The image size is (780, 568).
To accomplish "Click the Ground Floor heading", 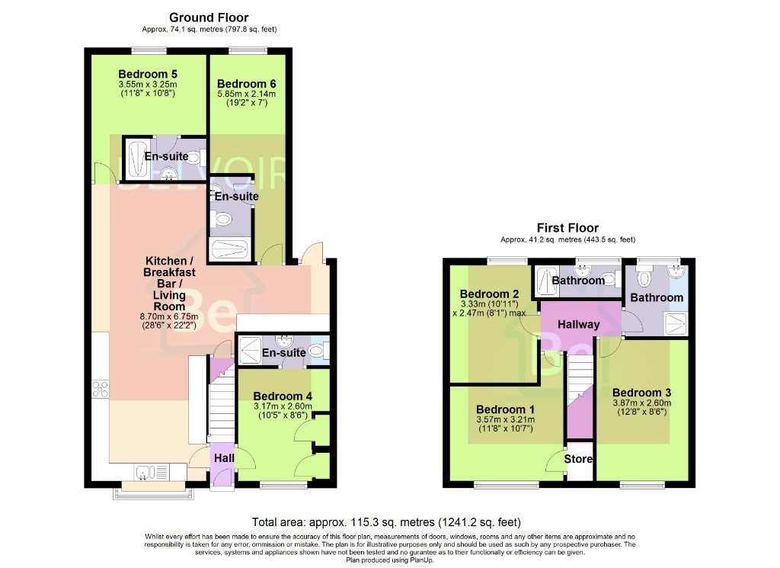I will tap(209, 18).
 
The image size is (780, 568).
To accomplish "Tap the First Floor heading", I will tap(567, 228).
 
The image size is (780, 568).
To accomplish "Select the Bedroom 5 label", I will tap(148, 74).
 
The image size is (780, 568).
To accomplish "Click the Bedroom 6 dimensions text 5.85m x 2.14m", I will tap(246, 95).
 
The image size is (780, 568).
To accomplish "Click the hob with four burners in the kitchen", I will tap(99, 390).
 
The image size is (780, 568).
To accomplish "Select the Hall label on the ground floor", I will tap(223, 458).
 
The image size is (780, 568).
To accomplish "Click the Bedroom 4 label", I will tap(282, 396).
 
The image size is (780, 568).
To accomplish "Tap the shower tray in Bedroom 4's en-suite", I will tap(251, 351).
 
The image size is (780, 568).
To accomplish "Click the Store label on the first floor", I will tap(578, 459).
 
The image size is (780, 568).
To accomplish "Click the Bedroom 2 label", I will tap(489, 294).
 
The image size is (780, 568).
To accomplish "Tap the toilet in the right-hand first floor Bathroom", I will tap(644, 278).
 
